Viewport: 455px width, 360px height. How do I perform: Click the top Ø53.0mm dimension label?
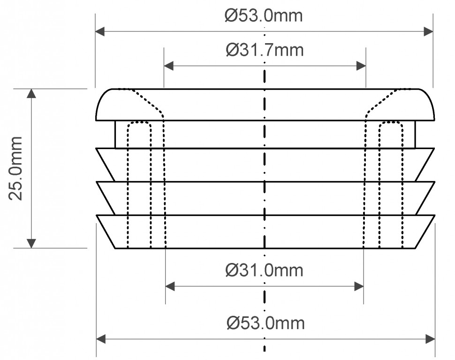(264, 15)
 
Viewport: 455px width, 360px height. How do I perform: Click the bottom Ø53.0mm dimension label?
(265, 323)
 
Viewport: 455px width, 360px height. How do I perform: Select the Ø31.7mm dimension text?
(265, 50)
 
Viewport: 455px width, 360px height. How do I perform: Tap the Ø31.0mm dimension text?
(264, 270)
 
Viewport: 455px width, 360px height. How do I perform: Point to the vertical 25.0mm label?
(15, 168)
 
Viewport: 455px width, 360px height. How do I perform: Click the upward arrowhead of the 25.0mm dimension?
(31, 93)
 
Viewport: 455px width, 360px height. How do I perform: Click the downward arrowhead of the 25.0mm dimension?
(31, 243)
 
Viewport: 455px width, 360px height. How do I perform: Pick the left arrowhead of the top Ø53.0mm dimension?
(100, 31)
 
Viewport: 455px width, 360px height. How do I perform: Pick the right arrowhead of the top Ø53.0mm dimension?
(428, 31)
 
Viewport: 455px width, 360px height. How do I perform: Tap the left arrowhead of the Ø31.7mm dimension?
(169, 66)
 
